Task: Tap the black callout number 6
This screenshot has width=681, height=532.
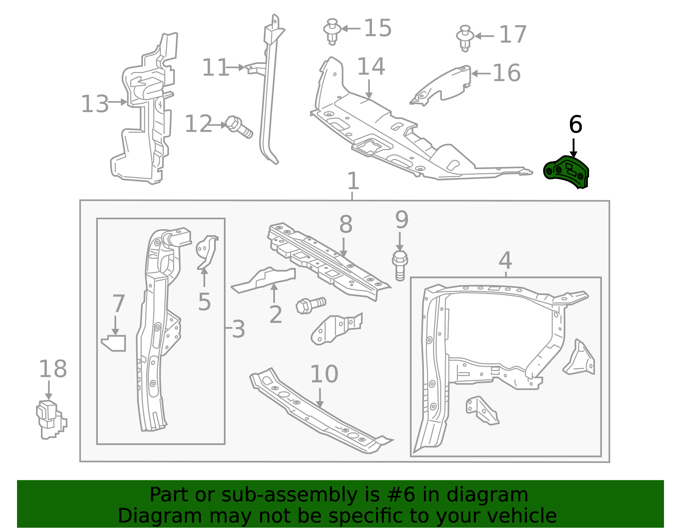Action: click(575, 125)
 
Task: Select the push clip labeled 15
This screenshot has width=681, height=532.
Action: click(332, 31)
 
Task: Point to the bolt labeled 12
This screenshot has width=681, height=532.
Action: click(238, 127)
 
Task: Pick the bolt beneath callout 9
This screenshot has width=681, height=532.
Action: click(400, 265)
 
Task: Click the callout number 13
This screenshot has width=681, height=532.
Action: click(94, 104)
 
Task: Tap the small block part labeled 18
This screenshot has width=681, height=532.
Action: click(50, 419)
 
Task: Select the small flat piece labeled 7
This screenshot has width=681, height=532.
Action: click(114, 343)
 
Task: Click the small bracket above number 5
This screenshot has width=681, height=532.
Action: click(207, 251)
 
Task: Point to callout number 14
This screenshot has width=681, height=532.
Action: click(371, 67)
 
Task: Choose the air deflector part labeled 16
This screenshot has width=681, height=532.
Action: click(443, 85)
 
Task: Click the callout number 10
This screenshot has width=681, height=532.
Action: click(324, 374)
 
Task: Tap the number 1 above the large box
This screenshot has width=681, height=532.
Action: click(353, 181)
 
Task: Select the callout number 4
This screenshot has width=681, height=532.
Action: click(505, 260)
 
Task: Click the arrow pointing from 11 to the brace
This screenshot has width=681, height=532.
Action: click(235, 67)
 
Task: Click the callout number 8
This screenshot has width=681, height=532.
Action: click(346, 224)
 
